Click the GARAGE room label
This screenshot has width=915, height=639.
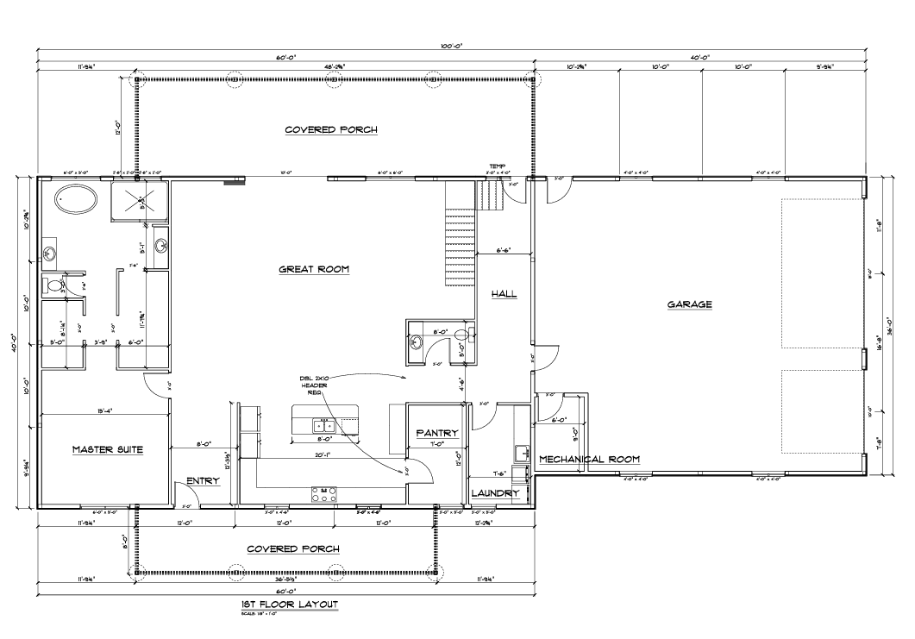click(688, 304)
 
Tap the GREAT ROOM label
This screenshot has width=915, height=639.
click(313, 269)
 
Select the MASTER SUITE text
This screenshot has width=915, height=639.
click(107, 449)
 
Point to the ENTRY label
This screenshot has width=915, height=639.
click(203, 481)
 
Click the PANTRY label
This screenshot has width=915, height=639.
click(436, 433)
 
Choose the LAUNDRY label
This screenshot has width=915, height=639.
click(495, 493)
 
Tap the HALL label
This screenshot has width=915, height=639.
click(504, 294)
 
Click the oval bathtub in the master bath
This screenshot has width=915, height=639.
click(77, 201)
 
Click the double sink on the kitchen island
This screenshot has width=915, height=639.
click(325, 425)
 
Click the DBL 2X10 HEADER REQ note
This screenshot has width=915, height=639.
click(310, 385)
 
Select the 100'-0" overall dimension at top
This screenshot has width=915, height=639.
click(451, 46)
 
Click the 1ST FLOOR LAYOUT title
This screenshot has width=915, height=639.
click(289, 605)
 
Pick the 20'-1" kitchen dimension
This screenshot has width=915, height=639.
click(324, 455)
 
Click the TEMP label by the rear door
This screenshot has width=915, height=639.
click(497, 166)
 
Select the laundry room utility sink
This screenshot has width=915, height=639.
click(521, 452)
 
